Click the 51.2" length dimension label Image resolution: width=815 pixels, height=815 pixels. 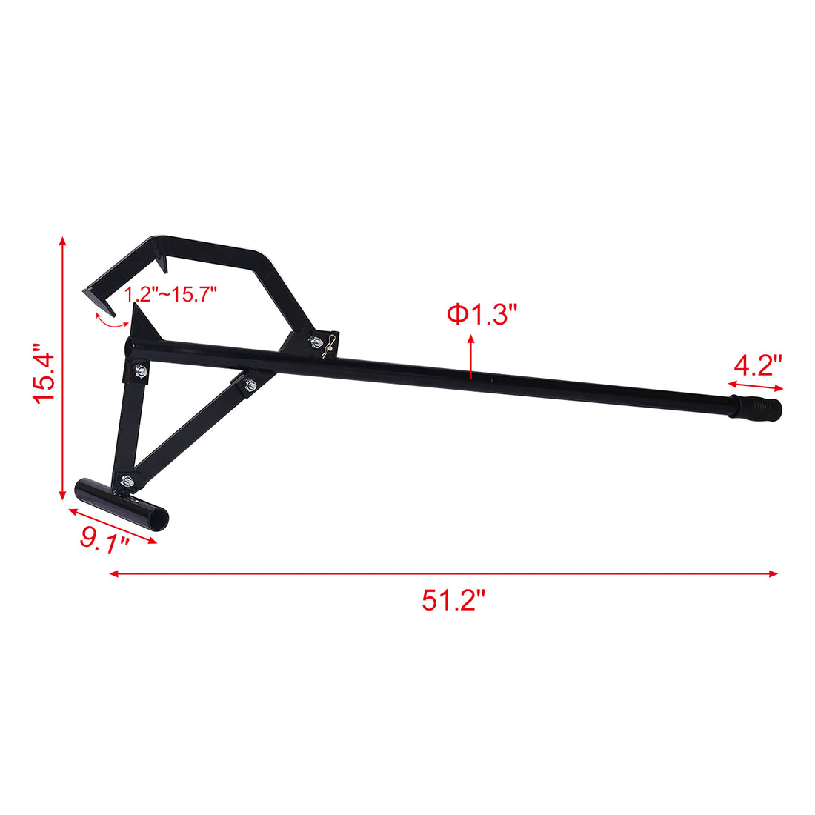(453, 599)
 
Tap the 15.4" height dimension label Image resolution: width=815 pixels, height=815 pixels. (44, 371)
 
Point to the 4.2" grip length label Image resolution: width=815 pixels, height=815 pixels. (758, 365)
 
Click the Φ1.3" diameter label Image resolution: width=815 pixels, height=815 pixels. (480, 314)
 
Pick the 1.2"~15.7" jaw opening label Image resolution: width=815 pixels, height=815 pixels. (170, 294)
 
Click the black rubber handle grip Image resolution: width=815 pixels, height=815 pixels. (755, 409)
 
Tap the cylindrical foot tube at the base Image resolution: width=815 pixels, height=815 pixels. (122, 502)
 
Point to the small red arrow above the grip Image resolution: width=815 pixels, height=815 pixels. (755, 385)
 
